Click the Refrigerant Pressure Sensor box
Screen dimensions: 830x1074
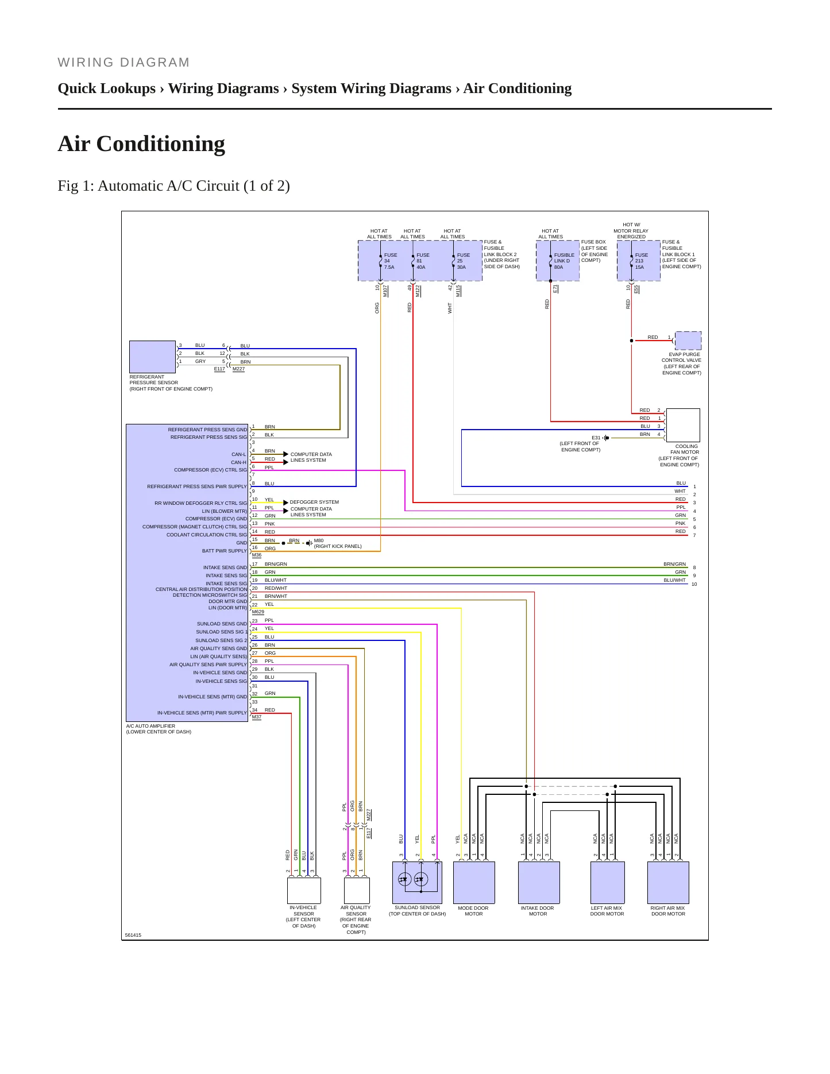(152, 357)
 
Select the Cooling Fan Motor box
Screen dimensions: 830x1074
(683, 425)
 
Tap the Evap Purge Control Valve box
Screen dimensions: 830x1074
(688, 341)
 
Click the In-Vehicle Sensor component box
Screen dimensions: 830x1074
(304, 890)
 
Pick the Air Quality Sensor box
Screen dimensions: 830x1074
(357, 890)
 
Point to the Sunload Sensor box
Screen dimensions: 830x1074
(418, 882)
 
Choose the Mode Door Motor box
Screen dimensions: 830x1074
(474, 882)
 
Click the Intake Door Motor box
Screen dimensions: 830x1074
(539, 882)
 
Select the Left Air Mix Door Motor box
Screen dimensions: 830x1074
(608, 882)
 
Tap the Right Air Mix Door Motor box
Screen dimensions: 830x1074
(668, 882)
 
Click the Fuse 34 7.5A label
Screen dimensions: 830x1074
(391, 261)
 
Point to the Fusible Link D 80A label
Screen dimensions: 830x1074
(564, 261)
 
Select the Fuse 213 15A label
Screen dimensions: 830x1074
(642, 261)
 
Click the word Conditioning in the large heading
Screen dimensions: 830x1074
(161, 144)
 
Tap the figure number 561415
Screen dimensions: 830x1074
(133, 935)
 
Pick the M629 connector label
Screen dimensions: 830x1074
(258, 612)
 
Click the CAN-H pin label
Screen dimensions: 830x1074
(239, 462)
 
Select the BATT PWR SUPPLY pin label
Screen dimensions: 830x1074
(225, 551)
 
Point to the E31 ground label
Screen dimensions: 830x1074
(596, 438)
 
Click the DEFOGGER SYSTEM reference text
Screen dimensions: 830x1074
(314, 502)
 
